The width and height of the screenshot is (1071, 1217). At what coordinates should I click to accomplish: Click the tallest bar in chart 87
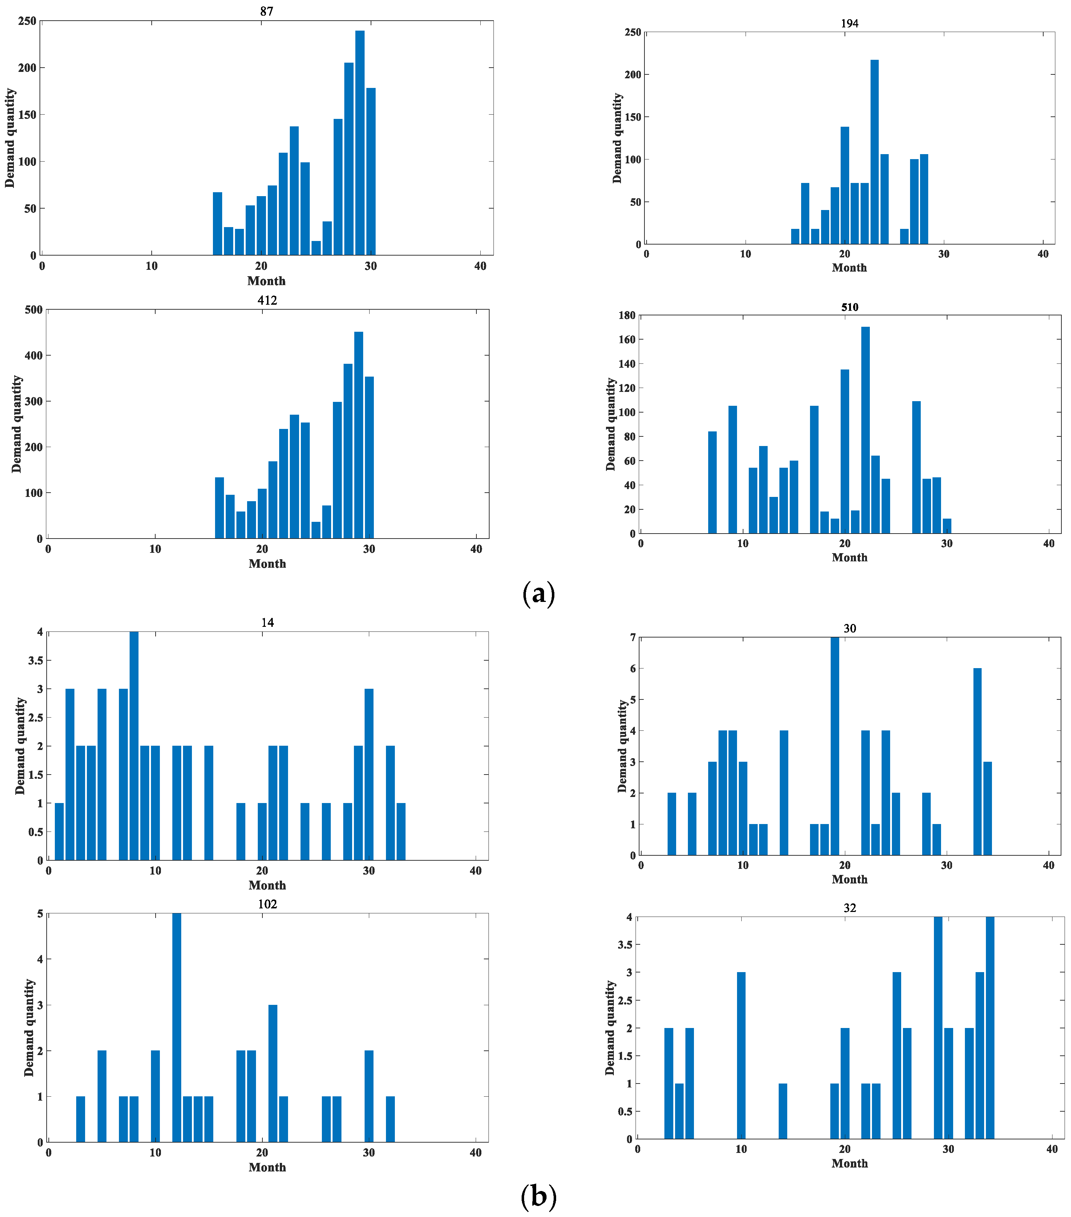[x=360, y=143]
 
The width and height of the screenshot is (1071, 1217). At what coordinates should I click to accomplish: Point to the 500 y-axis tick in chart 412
[x=34, y=310]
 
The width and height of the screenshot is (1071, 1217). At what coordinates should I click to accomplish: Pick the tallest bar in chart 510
[x=865, y=430]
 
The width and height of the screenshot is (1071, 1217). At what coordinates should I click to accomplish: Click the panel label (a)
[x=538, y=594]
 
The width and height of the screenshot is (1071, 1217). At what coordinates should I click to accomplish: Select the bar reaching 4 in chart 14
[x=134, y=745]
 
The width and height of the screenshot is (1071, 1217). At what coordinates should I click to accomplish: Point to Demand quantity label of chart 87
[x=10, y=138]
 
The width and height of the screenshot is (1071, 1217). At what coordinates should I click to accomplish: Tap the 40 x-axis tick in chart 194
[x=1043, y=254]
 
